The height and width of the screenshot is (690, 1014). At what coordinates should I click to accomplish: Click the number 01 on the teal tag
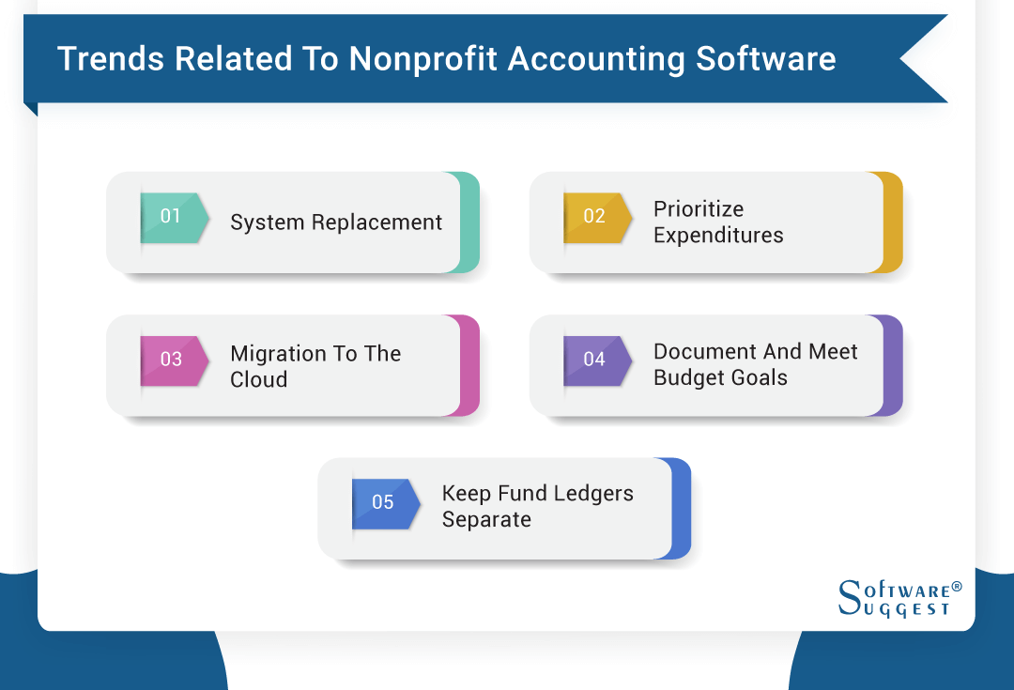point(170,216)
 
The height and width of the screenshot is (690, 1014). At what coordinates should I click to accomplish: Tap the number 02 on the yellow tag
point(594,216)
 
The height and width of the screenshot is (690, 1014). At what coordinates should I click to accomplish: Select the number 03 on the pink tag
point(171,360)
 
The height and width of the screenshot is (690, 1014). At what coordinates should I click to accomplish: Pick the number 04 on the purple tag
point(594,360)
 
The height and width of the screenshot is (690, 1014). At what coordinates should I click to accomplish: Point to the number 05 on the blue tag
point(382,502)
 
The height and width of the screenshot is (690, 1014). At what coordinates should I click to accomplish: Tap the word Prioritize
point(699,209)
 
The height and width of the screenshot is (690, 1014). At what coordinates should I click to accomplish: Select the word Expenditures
point(718,236)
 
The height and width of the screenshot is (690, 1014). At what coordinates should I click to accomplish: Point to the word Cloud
point(258,380)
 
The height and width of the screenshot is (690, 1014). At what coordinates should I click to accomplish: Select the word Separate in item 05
point(486,520)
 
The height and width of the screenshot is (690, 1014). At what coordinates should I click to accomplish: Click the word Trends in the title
point(111,59)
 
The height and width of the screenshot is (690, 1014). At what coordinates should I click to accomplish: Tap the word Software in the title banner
point(765,59)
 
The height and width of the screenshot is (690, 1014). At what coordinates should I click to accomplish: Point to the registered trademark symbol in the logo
point(956,587)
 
